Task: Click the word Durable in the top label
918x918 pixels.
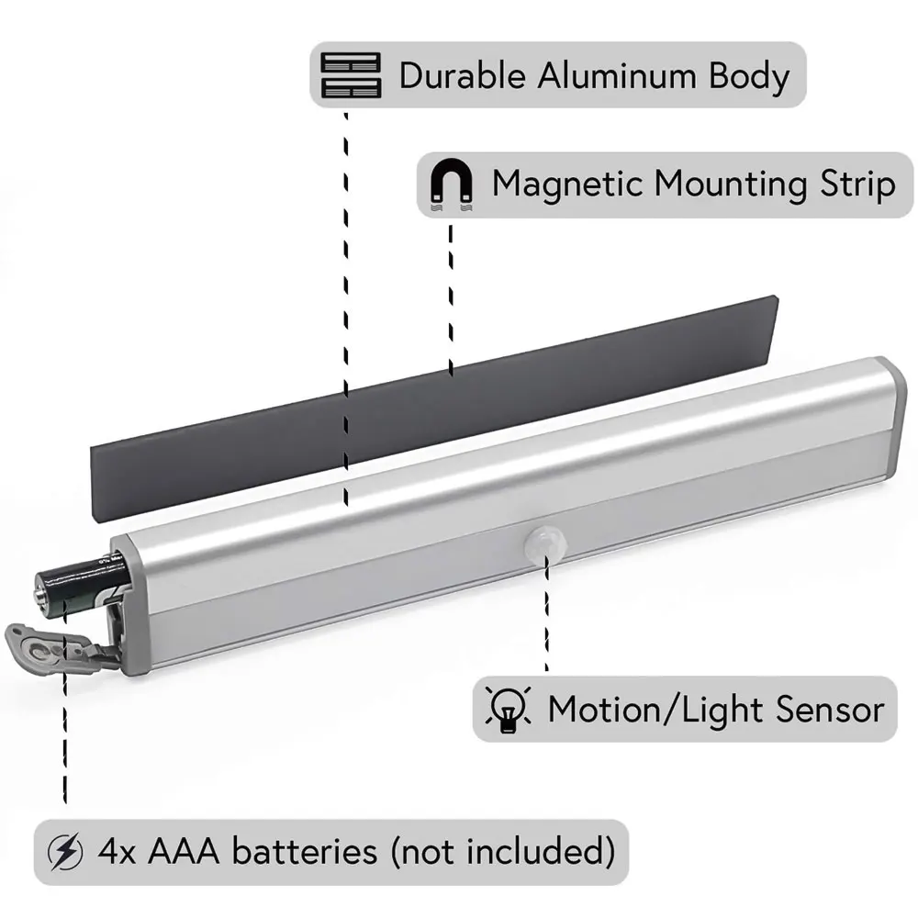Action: tap(463, 75)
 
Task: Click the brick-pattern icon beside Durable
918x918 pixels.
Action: tap(350, 75)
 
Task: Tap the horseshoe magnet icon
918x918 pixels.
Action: tap(453, 185)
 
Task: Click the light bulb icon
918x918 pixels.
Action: tap(506, 710)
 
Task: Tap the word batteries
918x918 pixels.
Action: tap(304, 851)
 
